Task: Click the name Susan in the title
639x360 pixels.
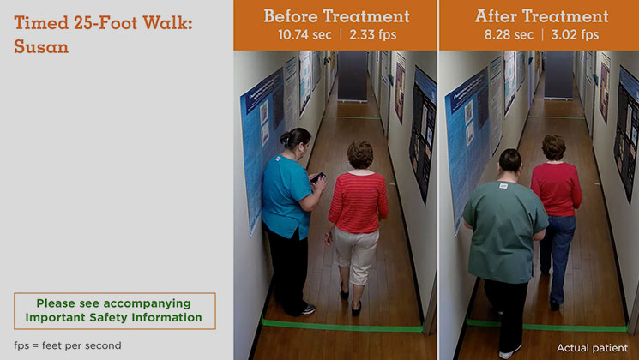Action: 41,47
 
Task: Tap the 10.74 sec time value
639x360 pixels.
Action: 304,34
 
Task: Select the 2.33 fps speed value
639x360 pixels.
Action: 372,34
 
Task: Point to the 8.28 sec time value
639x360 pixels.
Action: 509,34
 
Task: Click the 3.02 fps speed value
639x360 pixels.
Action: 575,34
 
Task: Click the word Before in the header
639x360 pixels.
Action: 291,16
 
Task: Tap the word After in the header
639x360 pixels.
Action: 497,16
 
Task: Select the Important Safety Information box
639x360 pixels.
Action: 115,311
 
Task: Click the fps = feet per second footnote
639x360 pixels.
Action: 68,345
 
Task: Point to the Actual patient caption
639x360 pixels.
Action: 592,348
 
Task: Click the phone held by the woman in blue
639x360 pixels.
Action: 317,177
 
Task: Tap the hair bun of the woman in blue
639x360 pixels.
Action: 285,140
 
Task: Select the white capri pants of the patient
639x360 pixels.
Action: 356,255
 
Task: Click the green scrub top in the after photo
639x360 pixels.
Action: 505,230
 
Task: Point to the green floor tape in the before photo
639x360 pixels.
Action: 341,326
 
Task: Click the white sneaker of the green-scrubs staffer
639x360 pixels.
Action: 509,351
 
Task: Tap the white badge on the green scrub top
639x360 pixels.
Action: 503,186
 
